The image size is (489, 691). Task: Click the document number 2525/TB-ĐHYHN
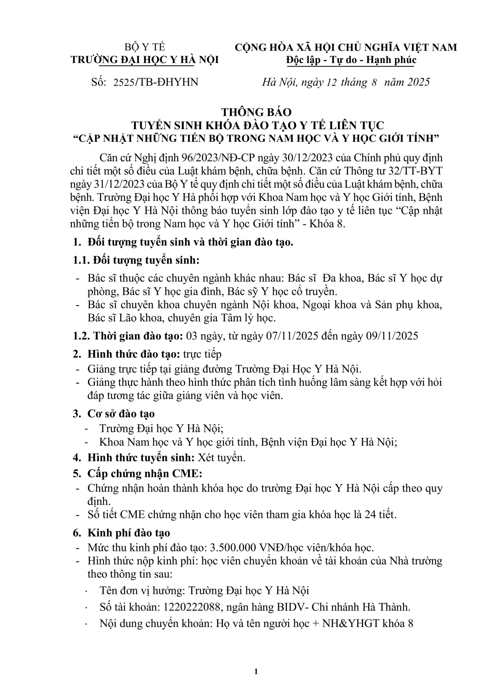tap(156, 82)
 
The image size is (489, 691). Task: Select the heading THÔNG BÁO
tap(256, 112)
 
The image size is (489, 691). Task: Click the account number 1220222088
tap(192, 607)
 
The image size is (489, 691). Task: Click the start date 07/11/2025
tap(291, 336)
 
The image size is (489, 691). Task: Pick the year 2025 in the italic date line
tap(418, 82)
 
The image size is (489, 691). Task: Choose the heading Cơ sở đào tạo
tap(121, 414)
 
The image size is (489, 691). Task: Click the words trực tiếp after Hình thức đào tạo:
tap(202, 354)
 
